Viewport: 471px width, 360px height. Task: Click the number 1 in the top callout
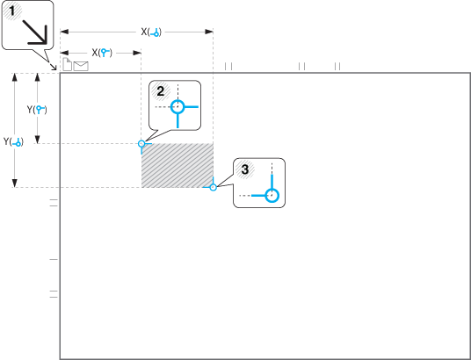pos(12,11)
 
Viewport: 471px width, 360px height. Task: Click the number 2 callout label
pos(161,91)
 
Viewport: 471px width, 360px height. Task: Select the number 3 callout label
pos(245,169)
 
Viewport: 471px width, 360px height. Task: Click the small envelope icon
pos(81,66)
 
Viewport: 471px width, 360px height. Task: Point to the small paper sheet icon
pos(68,65)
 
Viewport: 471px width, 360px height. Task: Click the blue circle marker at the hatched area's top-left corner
pos(141,143)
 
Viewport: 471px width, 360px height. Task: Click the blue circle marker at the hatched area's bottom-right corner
pos(213,187)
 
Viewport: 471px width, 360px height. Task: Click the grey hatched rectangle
pos(178,165)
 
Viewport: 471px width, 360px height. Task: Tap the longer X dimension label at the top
pos(151,32)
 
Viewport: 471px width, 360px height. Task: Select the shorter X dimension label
pos(102,53)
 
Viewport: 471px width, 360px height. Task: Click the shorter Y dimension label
pos(37,110)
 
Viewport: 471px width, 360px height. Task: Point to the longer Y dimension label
pos(13,141)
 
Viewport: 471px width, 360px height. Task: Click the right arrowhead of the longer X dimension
pos(209,32)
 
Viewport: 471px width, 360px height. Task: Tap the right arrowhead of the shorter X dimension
pos(137,53)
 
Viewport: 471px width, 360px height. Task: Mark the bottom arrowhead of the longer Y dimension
pos(14,183)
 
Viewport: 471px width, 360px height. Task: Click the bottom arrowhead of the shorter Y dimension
pos(37,140)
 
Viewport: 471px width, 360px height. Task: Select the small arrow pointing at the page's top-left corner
pos(54,67)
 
